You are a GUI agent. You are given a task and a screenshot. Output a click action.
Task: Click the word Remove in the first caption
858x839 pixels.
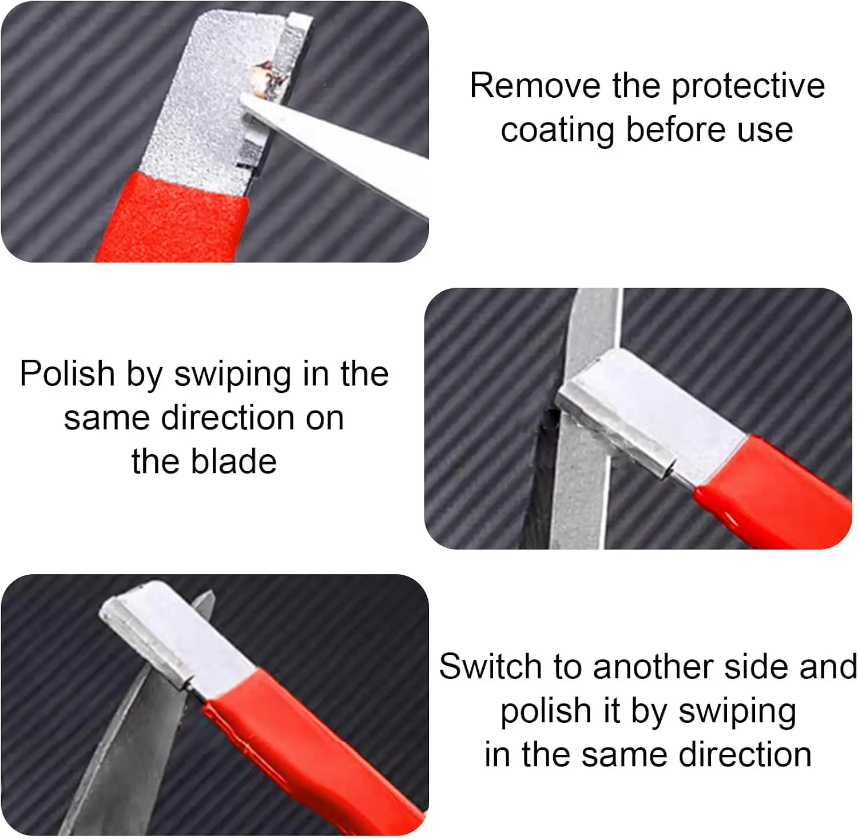[x=535, y=86]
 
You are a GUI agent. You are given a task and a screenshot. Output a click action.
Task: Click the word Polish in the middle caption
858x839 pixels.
[x=67, y=374]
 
